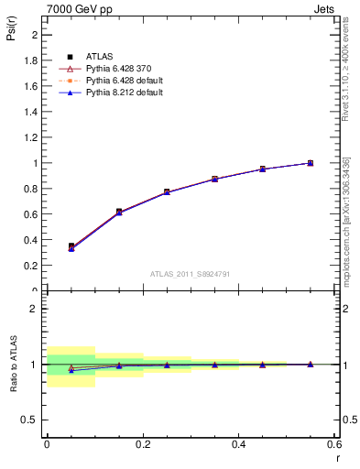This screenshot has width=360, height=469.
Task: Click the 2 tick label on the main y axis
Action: click(36, 35)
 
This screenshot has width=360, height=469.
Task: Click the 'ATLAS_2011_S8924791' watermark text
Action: click(191, 273)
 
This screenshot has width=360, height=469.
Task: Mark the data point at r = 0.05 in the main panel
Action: click(71, 246)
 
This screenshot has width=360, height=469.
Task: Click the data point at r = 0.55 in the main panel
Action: click(311, 163)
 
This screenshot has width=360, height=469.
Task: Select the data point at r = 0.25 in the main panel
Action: click(167, 192)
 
